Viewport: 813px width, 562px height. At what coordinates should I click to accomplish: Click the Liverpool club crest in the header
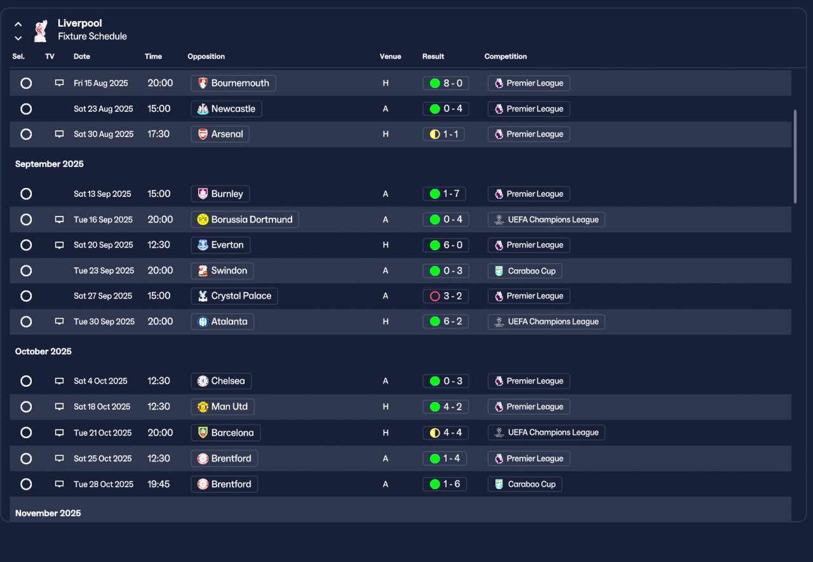coord(40,31)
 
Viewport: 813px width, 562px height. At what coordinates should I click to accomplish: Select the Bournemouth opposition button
coord(233,83)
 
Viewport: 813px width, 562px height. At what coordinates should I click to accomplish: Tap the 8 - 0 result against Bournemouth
coord(446,83)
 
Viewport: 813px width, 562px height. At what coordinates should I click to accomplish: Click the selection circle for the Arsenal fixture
coord(26,134)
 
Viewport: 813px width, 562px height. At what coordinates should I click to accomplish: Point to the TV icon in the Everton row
coord(59,245)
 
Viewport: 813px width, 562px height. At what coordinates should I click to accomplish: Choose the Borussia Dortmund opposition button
coord(245,220)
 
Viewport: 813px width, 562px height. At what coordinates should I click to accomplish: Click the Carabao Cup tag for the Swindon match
coord(525,271)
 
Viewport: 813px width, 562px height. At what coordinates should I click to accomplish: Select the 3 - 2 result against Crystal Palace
coord(446,296)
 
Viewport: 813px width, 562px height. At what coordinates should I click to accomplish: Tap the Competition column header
coord(506,57)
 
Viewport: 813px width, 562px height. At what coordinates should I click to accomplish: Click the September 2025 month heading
coord(50,164)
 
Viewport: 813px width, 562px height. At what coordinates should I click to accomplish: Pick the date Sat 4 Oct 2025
coord(100,381)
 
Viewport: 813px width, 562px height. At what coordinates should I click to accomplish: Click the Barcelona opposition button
coord(225,432)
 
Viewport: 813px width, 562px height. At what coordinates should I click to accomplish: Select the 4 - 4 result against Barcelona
coord(446,432)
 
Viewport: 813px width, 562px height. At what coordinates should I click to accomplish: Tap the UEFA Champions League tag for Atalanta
coord(546,322)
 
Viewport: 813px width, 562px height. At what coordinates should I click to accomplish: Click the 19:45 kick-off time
coord(159,484)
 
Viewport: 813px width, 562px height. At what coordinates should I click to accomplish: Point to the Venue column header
coord(391,57)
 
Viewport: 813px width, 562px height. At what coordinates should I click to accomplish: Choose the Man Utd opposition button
coord(223,406)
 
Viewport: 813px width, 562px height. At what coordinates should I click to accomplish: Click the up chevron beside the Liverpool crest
coord(18,25)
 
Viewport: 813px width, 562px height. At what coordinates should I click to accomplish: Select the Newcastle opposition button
coord(227,109)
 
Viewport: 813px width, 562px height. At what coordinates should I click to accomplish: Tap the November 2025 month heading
coord(48,513)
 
